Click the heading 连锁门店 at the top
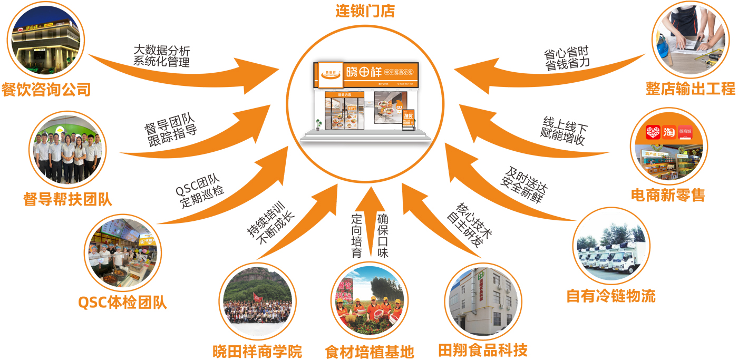365,11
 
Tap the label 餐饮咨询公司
46,90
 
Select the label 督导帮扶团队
68,199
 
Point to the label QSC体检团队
122,303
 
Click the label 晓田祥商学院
257,351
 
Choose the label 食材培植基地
369,352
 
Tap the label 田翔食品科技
482,350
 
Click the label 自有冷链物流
611,296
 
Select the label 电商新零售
668,196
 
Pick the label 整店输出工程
691,89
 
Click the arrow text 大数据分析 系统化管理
161,56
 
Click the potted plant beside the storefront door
318,124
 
